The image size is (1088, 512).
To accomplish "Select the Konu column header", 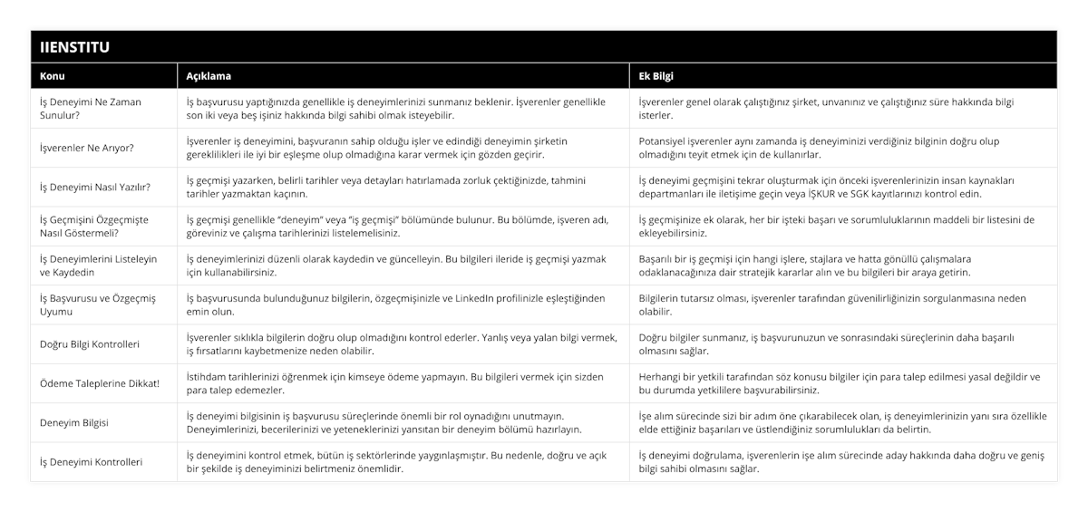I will pos(53,76).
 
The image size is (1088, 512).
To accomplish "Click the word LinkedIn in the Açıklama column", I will pos(498,298).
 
